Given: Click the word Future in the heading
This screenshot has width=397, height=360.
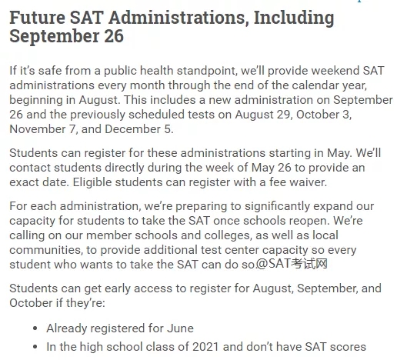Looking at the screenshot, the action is [x=38, y=17].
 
